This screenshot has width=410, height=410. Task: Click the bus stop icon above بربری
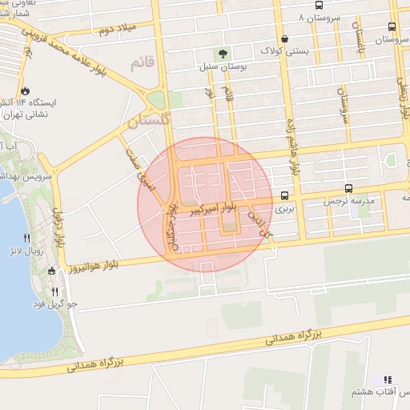285,195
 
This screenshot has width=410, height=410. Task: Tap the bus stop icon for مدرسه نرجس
348,189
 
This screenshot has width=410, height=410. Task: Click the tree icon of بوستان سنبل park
222,54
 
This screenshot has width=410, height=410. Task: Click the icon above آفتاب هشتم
387,380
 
